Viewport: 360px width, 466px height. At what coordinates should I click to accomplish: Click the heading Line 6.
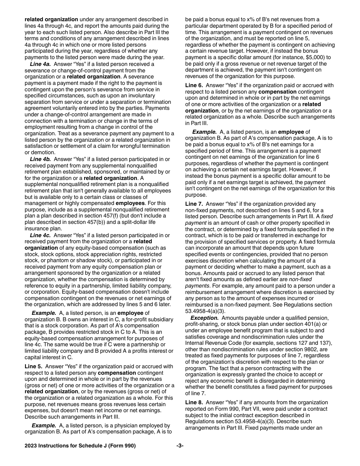(194, 86)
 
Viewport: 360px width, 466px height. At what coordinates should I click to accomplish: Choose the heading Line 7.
(194, 204)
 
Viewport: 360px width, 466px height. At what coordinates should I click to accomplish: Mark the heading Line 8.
(194, 402)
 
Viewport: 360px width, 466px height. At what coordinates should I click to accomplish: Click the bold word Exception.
(204, 318)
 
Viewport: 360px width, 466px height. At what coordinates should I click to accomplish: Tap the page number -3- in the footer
(180, 446)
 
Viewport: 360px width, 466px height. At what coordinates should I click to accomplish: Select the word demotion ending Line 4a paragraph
(36, 152)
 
